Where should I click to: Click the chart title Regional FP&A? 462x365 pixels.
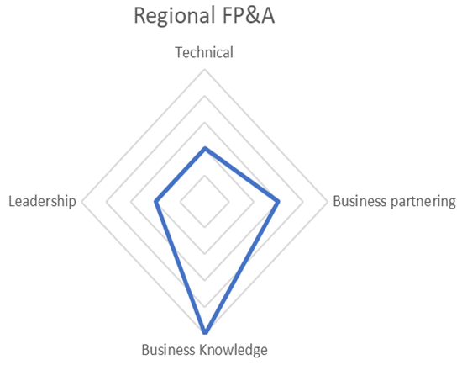click(x=204, y=16)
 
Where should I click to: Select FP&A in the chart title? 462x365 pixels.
click(x=249, y=15)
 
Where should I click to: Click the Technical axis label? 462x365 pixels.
click(x=204, y=52)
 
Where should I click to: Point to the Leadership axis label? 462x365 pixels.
click(x=43, y=202)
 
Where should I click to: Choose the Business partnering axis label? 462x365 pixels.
click(x=394, y=202)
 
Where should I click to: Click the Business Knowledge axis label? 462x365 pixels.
click(x=204, y=351)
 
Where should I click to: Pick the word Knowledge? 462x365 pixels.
click(x=234, y=351)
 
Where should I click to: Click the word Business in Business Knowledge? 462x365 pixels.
click(x=168, y=350)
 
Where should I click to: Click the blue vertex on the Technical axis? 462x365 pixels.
click(x=205, y=148)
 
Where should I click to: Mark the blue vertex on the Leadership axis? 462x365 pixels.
click(x=156, y=202)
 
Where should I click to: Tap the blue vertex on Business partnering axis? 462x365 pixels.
click(x=278, y=202)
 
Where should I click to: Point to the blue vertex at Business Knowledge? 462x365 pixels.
click(x=205, y=332)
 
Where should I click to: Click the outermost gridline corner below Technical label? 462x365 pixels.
click(x=204, y=70)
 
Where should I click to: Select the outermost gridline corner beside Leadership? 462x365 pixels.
click(x=81, y=202)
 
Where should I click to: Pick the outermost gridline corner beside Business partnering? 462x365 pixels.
click(x=328, y=202)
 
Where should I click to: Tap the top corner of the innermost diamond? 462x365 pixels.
click(x=204, y=176)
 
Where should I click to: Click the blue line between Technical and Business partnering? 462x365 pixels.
click(x=241, y=175)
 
